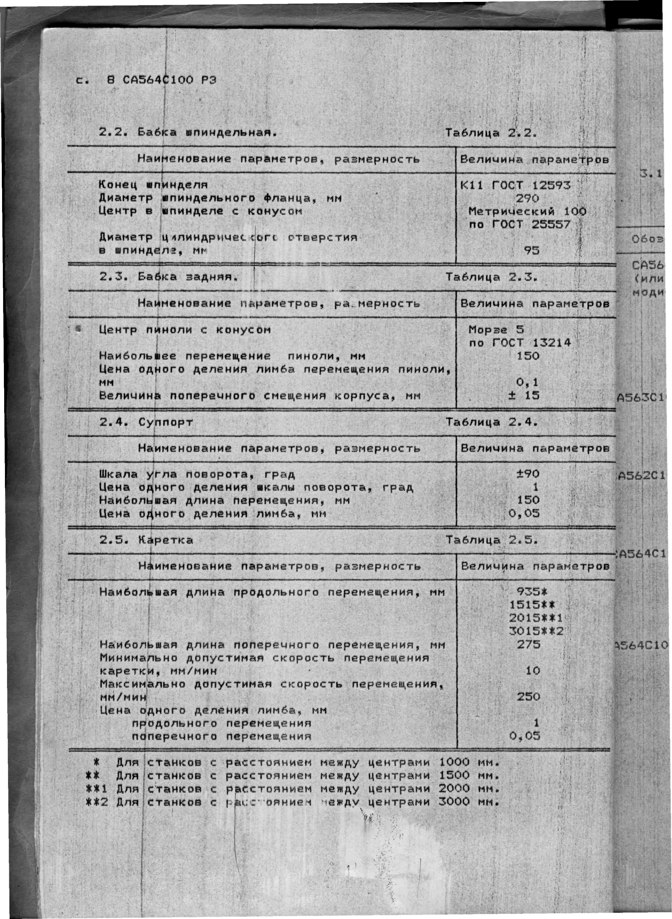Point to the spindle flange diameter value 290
point(527,198)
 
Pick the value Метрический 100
point(527,211)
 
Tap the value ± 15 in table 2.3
point(524,395)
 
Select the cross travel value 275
point(528,645)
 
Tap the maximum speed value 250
point(528,697)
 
